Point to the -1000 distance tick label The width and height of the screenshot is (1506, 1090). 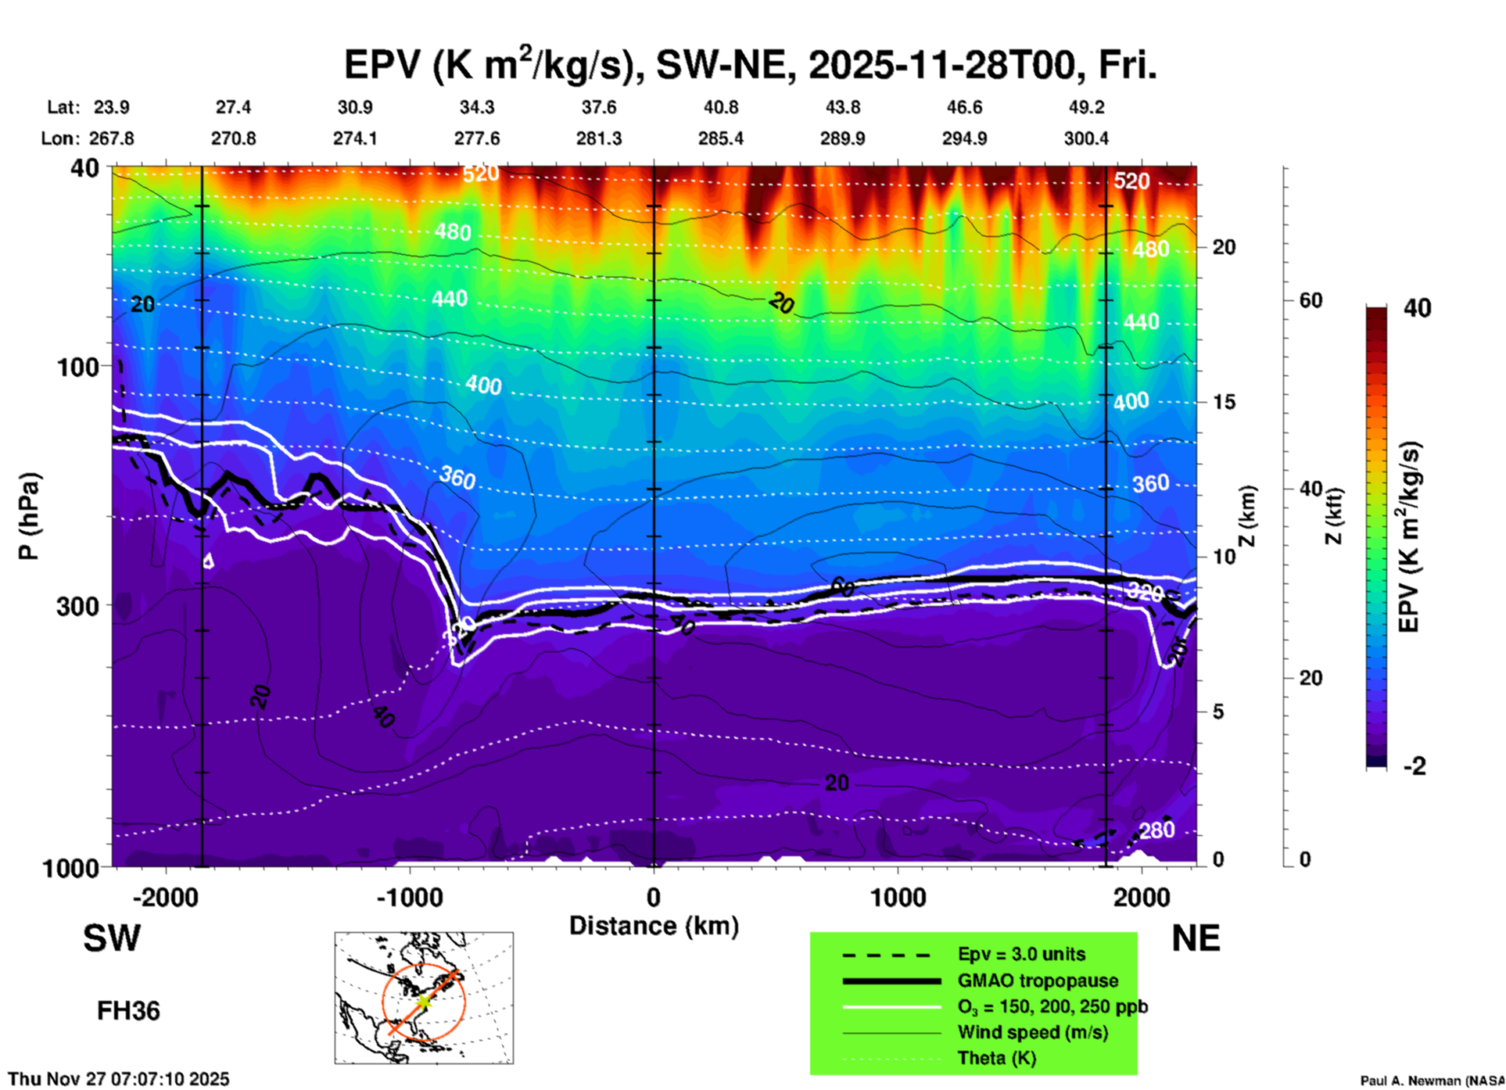click(409, 897)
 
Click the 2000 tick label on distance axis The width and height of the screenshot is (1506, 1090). click(1142, 897)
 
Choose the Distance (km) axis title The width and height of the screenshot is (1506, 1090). click(654, 926)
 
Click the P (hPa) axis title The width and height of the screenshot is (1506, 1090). click(29, 516)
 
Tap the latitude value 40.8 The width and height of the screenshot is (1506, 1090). click(720, 107)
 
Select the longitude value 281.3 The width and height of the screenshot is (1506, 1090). click(599, 138)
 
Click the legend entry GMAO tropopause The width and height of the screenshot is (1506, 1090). click(1038, 981)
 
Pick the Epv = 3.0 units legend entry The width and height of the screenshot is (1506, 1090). click(1021, 954)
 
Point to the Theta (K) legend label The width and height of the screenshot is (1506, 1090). click(997, 1058)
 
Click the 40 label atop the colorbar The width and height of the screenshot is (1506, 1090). click(1417, 308)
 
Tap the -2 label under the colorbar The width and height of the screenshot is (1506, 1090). click(1415, 766)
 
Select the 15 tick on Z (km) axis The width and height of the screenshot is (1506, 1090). click(1223, 402)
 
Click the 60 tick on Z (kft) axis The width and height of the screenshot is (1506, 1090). click(1311, 300)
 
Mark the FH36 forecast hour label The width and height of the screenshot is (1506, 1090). click(128, 1011)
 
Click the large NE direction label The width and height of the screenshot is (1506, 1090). click(1196, 938)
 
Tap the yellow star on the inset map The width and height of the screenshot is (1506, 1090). click(423, 1001)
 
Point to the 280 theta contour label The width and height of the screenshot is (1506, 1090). click(1156, 830)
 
